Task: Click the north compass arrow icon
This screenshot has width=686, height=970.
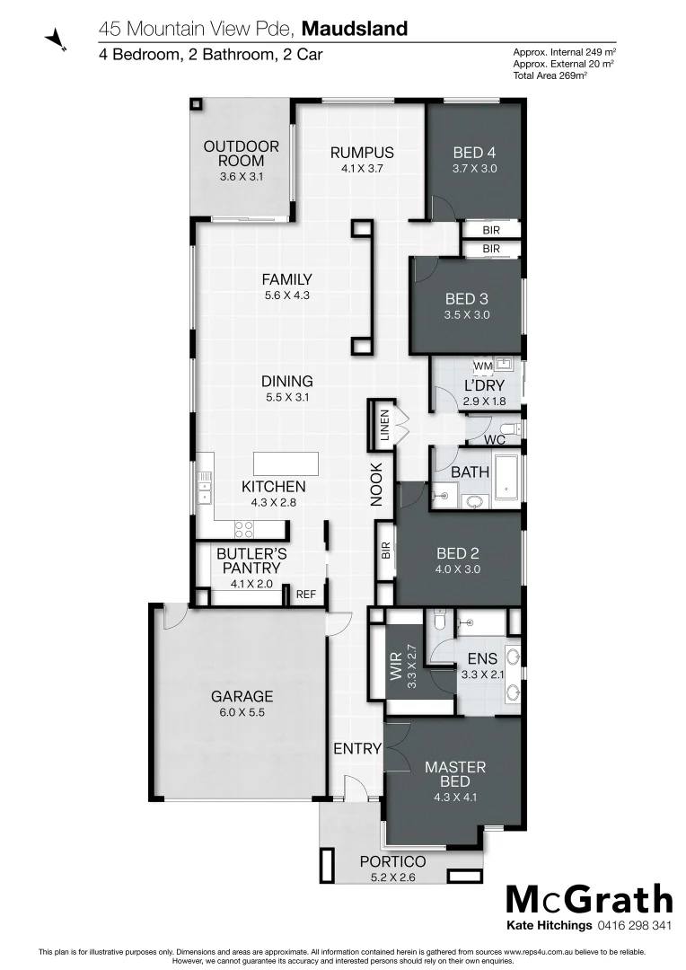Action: (x=56, y=37)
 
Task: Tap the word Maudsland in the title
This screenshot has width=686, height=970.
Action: (x=355, y=29)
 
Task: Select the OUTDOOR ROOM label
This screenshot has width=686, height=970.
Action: (x=241, y=154)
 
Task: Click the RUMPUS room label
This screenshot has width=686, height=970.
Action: (x=362, y=152)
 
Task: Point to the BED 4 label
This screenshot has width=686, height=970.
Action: (x=474, y=153)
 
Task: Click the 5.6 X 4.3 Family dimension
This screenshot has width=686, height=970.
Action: (x=286, y=295)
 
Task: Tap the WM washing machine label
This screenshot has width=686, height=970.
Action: (x=481, y=366)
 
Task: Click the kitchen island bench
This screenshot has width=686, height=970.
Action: (x=286, y=463)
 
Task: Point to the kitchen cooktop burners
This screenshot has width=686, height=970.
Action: (x=244, y=529)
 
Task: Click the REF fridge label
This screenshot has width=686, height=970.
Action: (x=306, y=594)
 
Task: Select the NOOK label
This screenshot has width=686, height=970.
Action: (x=377, y=484)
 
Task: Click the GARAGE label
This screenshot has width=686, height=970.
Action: (x=242, y=696)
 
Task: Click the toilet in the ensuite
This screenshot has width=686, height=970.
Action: (x=439, y=620)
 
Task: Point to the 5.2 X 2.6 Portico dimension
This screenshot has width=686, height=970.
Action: (x=393, y=877)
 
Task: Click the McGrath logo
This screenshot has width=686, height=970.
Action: (x=589, y=900)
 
